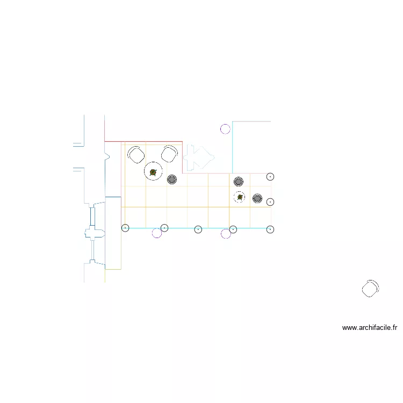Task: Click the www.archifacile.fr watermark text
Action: click(x=369, y=327)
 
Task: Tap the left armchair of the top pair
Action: click(x=136, y=155)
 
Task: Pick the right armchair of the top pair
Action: click(x=170, y=154)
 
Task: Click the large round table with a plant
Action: click(x=154, y=172)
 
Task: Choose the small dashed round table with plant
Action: click(x=240, y=197)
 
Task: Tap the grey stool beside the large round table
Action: click(x=172, y=179)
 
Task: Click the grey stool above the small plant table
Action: click(x=239, y=181)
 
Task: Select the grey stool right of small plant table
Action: click(x=257, y=199)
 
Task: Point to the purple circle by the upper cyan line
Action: click(x=226, y=128)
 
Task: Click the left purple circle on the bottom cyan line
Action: click(x=157, y=233)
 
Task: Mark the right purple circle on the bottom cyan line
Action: click(x=226, y=234)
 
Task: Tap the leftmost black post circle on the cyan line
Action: click(x=125, y=228)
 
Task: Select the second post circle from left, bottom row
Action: click(x=164, y=228)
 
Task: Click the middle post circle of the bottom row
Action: click(x=198, y=229)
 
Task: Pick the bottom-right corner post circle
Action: click(x=270, y=229)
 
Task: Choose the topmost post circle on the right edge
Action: click(x=270, y=176)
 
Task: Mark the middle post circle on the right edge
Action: click(x=270, y=202)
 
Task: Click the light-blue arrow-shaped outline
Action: click(x=198, y=156)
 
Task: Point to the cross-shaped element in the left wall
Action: click(x=93, y=233)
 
